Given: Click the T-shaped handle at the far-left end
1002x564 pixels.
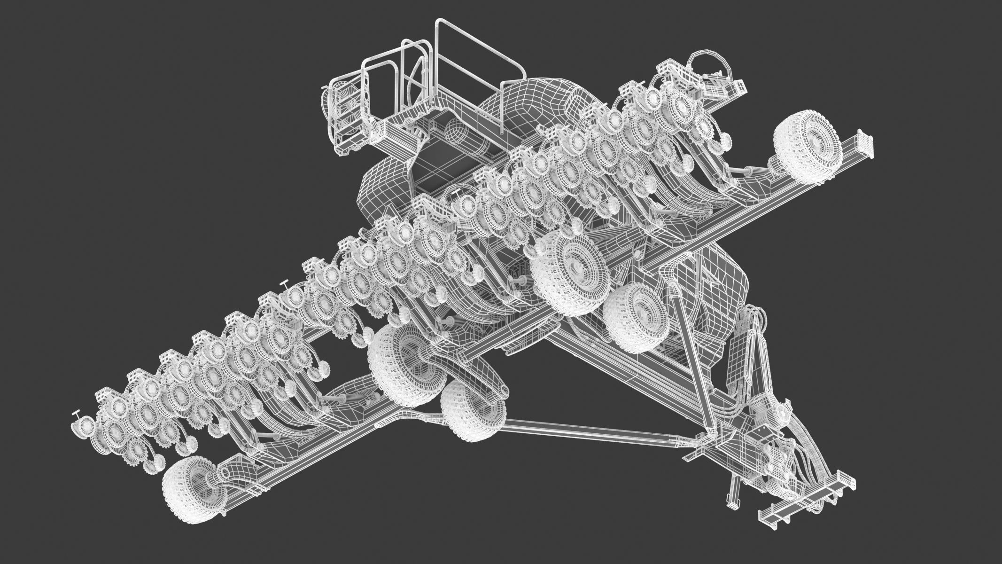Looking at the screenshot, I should pos(77,414).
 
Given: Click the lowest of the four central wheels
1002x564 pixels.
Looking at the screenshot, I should pos(473,409).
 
